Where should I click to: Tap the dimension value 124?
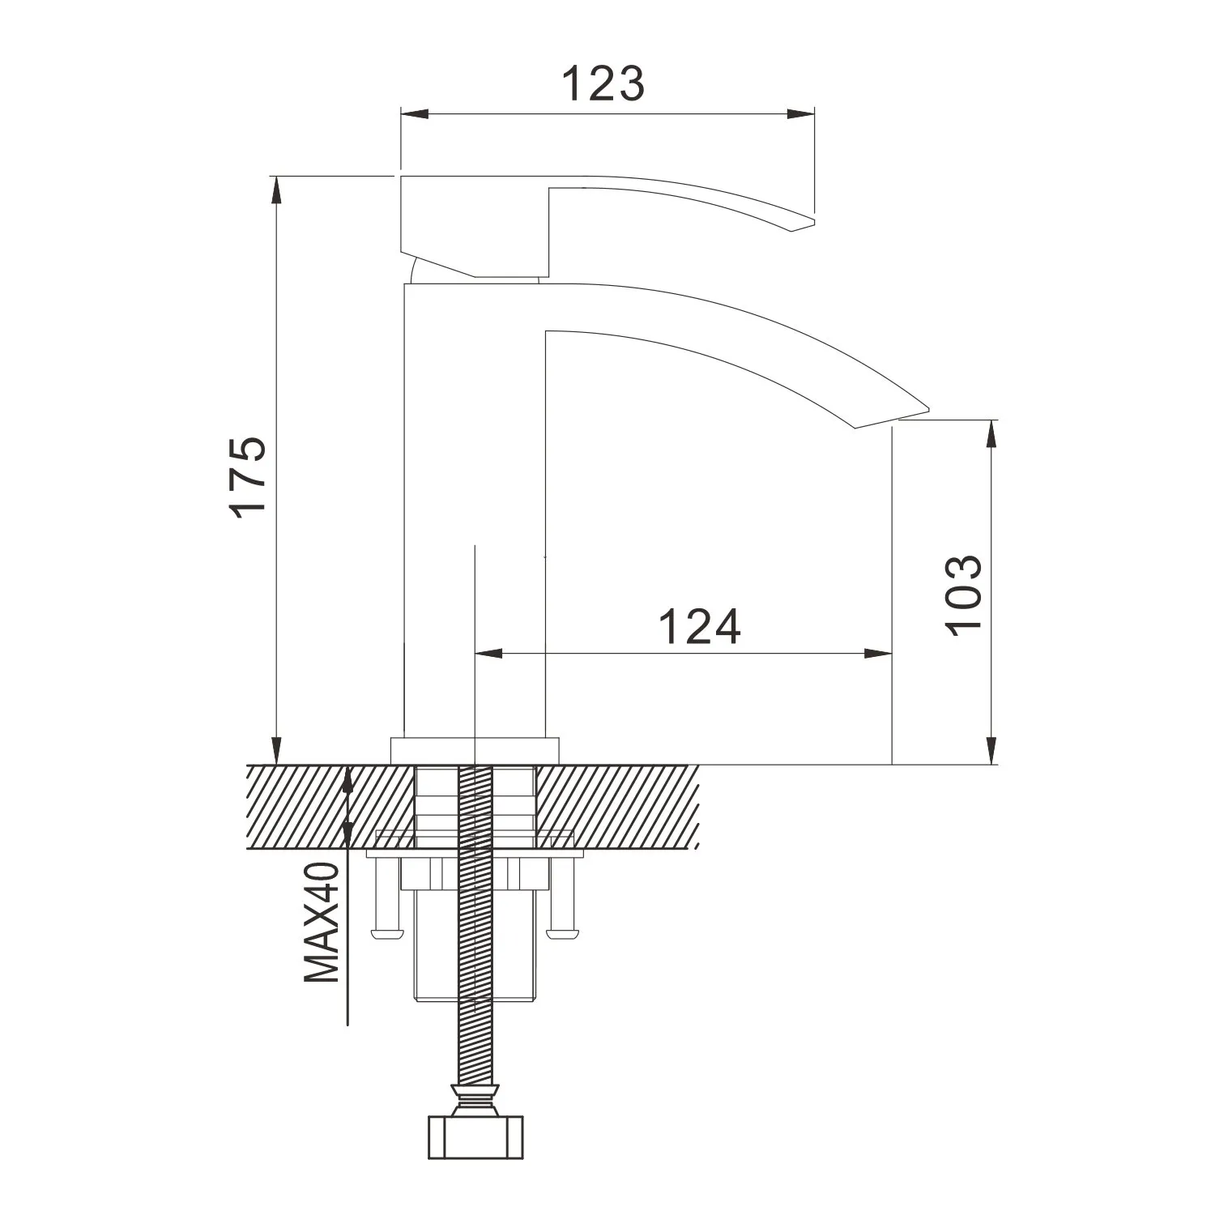pyautogui.click(x=699, y=627)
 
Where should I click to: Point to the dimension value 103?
pyautogui.click(x=965, y=595)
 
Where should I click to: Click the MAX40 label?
pyautogui.click(x=322, y=923)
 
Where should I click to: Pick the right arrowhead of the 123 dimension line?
pyautogui.click(x=802, y=113)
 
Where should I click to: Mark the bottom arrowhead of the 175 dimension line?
pyautogui.click(x=277, y=750)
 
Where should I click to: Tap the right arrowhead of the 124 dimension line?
pyautogui.click(x=880, y=654)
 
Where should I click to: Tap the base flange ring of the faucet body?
pyautogui.click(x=475, y=750)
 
